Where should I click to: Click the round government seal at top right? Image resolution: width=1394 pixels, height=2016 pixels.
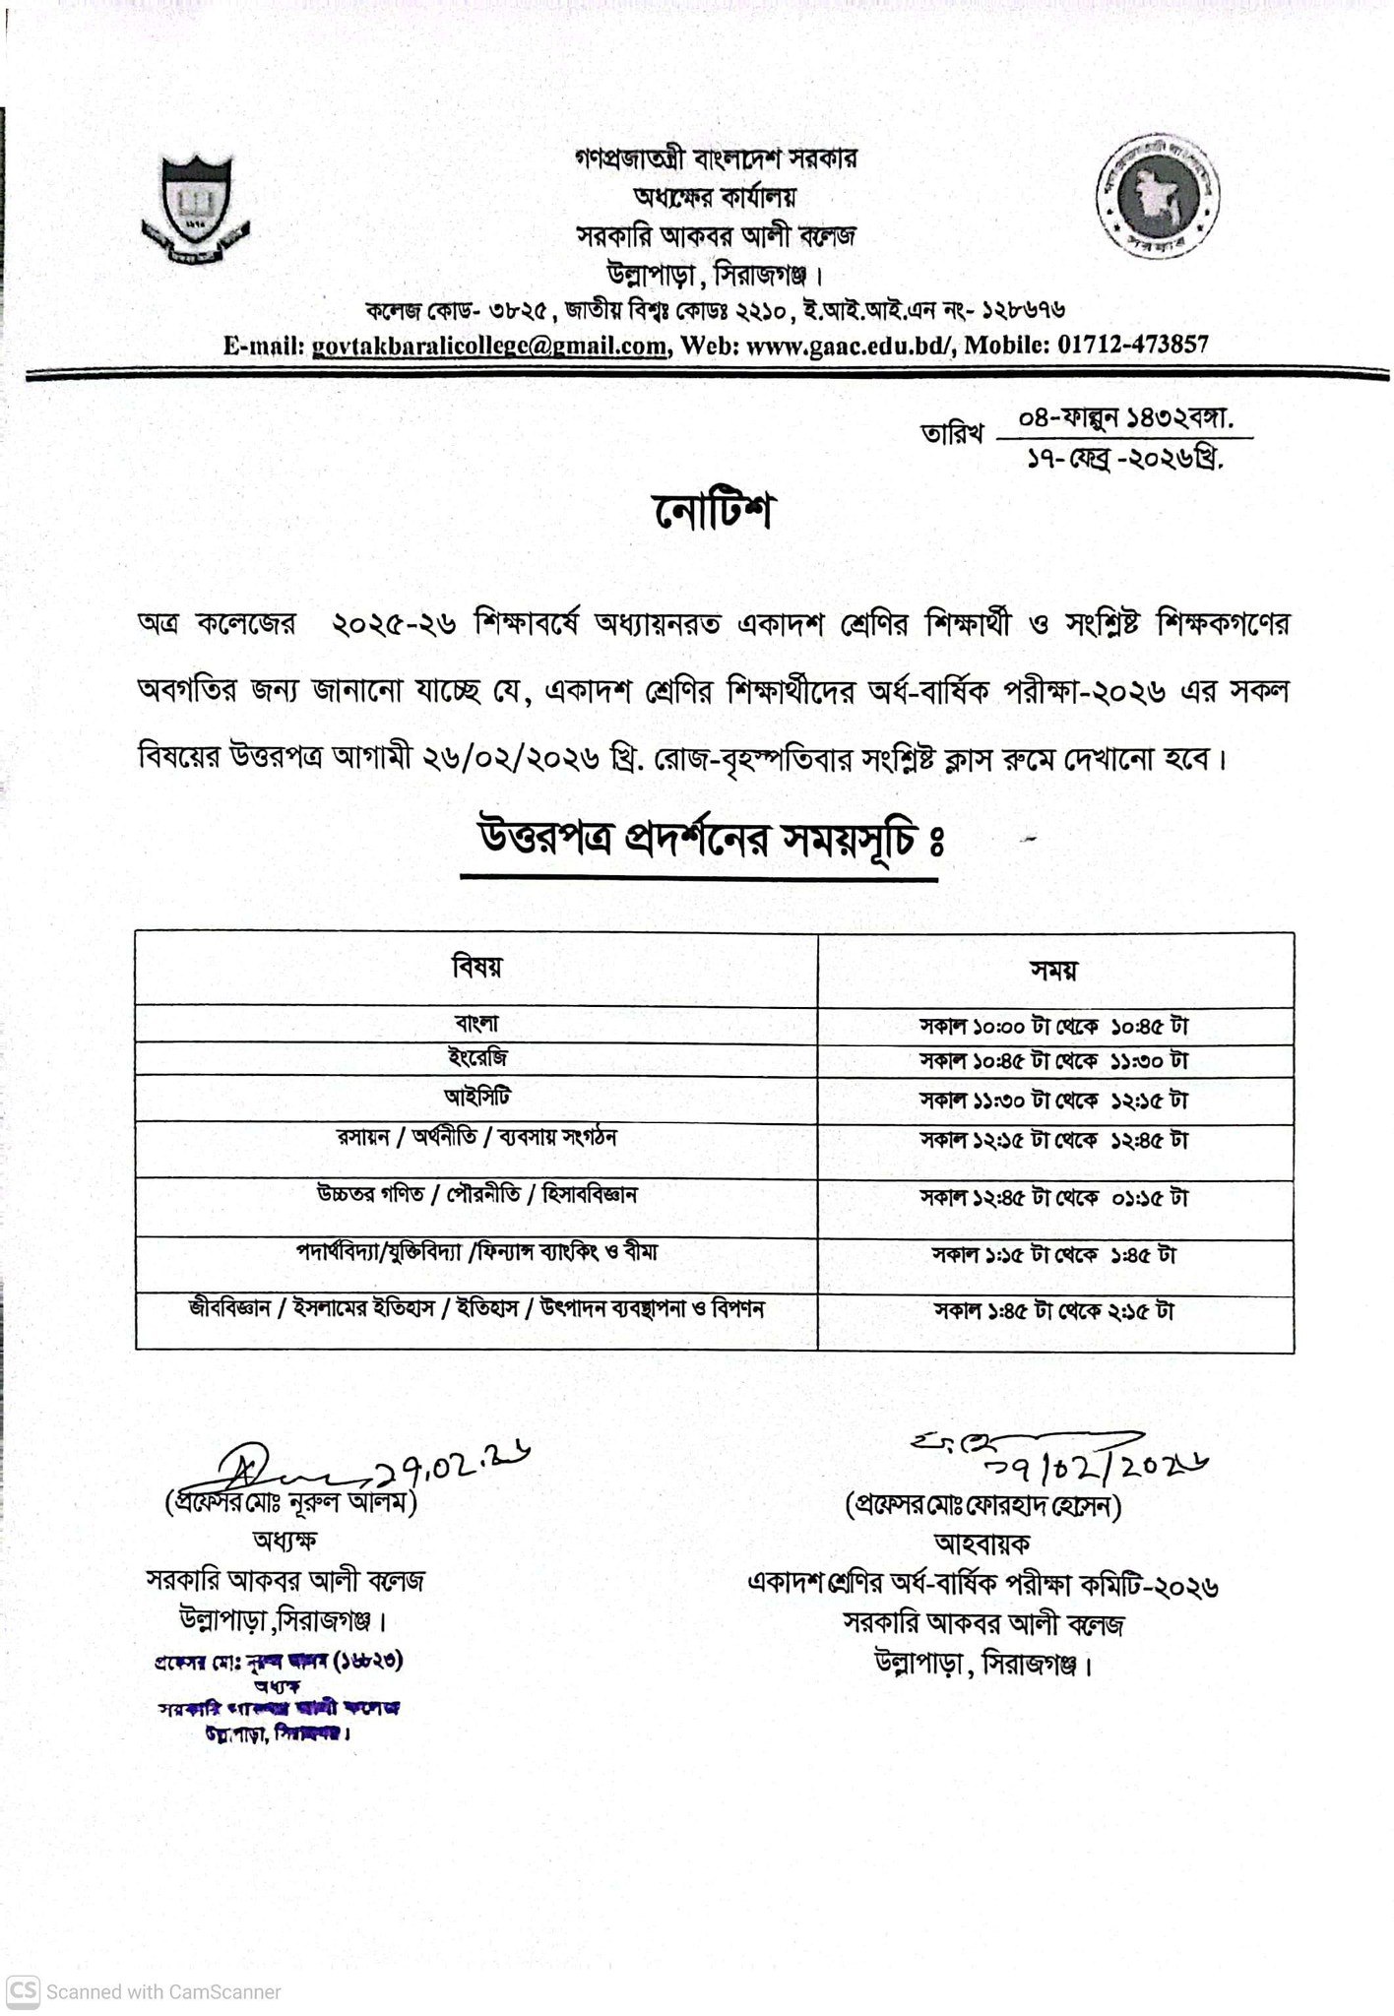coord(1158,198)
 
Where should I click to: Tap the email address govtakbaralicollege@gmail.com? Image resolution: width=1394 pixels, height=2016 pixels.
coord(488,346)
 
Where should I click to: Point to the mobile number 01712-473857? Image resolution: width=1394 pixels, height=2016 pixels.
coord(1132,346)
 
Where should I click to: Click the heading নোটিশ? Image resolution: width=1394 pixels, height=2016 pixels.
coord(714,512)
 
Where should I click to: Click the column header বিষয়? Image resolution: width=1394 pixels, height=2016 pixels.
coord(476,967)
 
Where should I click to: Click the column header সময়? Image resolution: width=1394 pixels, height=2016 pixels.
coord(1054,971)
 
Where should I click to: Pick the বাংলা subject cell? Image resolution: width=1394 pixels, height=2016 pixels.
coord(476,1024)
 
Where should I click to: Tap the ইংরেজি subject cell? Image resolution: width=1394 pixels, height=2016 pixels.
coord(476,1058)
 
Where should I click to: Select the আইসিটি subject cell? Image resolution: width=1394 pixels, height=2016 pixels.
coord(476,1097)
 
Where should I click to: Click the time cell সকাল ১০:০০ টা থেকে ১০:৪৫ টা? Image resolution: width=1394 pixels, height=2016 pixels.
coord(1054,1026)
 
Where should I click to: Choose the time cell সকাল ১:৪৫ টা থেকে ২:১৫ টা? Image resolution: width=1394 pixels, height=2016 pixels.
coord(1054,1311)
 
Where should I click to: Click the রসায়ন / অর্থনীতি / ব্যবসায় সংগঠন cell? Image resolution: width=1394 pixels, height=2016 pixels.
coord(476,1138)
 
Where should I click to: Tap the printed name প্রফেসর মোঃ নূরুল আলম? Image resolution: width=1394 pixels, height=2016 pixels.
coord(291,1503)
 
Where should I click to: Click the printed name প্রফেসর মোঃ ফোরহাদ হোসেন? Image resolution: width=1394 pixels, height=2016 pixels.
coord(983,1506)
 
